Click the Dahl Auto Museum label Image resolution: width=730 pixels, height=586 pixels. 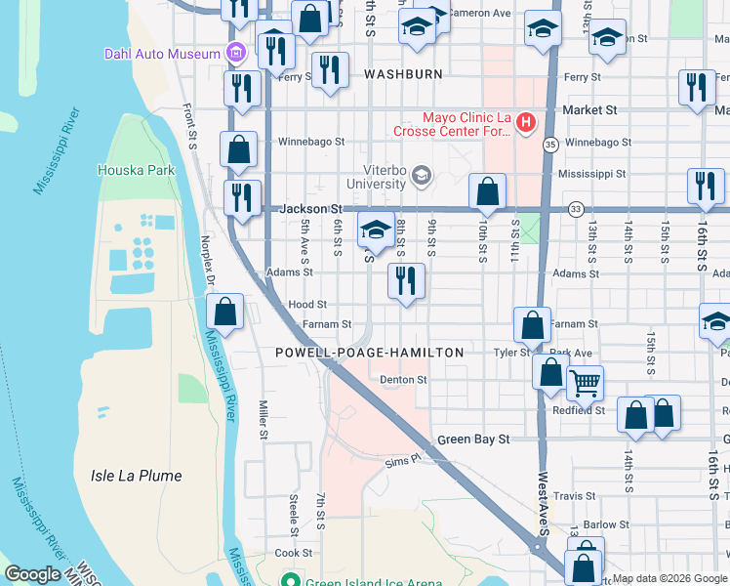pyautogui.click(x=162, y=54)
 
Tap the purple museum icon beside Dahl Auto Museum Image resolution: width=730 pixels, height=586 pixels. pyautogui.click(x=234, y=53)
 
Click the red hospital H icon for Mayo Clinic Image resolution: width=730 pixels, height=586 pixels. pyautogui.click(x=526, y=122)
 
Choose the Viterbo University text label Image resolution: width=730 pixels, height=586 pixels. pyautogui.click(x=378, y=177)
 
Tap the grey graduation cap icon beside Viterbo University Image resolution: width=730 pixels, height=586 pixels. pyautogui.click(x=422, y=176)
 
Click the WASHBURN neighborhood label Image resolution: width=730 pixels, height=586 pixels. pyautogui.click(x=403, y=74)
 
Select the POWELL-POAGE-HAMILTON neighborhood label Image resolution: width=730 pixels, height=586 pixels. pyautogui.click(x=369, y=352)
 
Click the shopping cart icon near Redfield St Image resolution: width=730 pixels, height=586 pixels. pyautogui.click(x=585, y=383)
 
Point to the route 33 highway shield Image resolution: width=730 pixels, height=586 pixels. pyautogui.click(x=576, y=208)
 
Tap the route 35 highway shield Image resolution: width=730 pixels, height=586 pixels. pyautogui.click(x=550, y=145)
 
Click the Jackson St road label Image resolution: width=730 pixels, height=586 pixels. pyautogui.click(x=310, y=208)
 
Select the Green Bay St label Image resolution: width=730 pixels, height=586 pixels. pyautogui.click(x=473, y=439)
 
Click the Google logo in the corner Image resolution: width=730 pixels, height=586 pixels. pyautogui.click(x=32, y=574)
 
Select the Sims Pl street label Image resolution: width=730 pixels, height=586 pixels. pyautogui.click(x=401, y=460)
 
